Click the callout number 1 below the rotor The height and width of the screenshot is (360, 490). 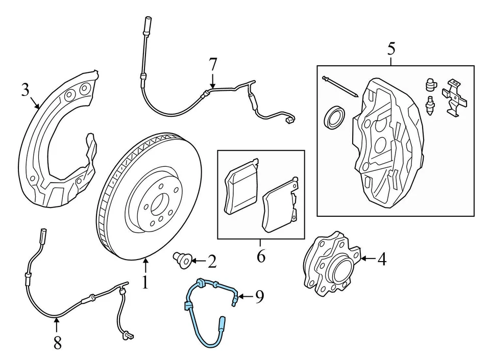145,282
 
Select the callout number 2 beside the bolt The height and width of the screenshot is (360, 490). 212,262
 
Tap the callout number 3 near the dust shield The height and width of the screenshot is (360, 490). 26,90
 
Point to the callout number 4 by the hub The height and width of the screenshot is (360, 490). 381,260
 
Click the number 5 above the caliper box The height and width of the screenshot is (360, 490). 391,49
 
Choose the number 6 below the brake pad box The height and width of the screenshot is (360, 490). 261,256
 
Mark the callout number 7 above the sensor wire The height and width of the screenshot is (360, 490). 213,65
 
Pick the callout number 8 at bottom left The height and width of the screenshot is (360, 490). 57,343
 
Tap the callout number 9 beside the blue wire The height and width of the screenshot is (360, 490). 259,296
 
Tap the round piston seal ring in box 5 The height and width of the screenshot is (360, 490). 334,117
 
